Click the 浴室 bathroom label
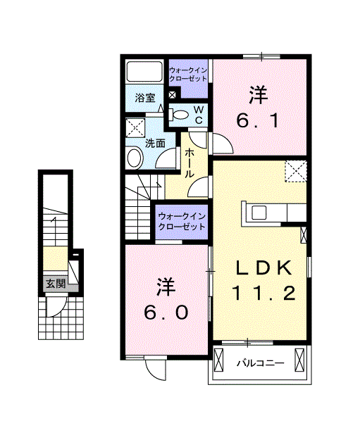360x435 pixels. (145, 99)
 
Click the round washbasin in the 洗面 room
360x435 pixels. (135, 157)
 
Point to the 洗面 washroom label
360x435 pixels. (155, 143)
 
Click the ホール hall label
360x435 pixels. (190, 163)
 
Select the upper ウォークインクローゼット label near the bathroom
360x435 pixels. (188, 74)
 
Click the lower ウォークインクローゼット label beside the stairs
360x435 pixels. (182, 222)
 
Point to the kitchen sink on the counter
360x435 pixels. (256, 212)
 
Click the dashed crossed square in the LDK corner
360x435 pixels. (295, 170)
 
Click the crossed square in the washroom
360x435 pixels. (135, 127)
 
